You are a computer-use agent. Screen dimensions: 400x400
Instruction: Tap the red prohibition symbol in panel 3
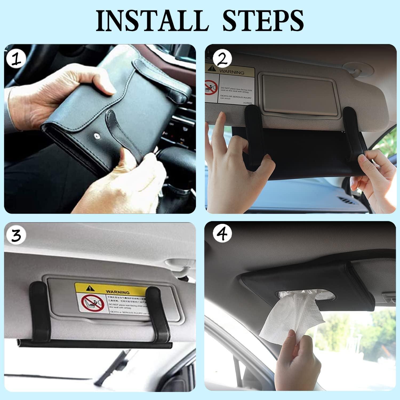(x=89, y=303)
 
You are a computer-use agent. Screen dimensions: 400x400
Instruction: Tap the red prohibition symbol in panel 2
(x=211, y=88)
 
